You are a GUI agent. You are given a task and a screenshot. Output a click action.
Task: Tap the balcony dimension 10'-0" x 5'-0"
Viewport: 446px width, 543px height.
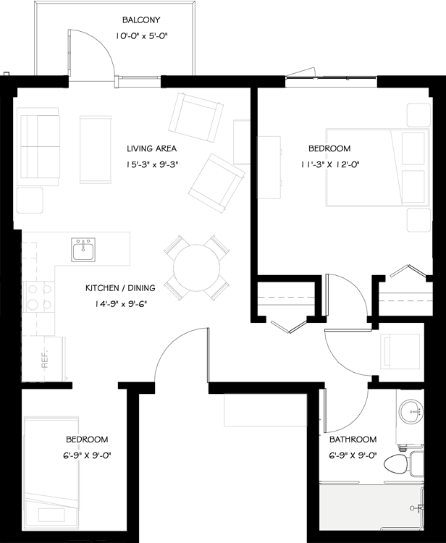tap(142, 35)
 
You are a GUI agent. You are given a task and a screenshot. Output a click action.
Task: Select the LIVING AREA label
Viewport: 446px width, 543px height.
tap(151, 149)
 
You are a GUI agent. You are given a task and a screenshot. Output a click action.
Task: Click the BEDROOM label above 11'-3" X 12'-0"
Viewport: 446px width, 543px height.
tap(329, 148)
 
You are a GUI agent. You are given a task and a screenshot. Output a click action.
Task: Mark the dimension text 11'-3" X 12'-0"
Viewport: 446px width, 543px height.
tap(329, 164)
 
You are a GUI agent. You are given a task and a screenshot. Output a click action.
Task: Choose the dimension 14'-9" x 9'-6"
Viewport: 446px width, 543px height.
tap(120, 304)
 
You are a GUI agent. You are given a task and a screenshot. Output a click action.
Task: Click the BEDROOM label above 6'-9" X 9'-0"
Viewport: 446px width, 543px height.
tap(87, 439)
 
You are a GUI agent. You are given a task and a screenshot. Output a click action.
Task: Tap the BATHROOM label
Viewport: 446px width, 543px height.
tap(353, 439)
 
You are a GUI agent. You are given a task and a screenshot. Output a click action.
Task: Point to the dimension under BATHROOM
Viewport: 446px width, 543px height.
tap(353, 455)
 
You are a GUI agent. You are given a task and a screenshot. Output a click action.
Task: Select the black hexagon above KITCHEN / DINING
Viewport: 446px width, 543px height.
tap(83, 248)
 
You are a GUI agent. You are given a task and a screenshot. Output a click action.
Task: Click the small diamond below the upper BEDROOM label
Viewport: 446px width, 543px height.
tap(327, 156)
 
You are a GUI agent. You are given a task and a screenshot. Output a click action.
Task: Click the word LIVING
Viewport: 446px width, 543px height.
tap(139, 149)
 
